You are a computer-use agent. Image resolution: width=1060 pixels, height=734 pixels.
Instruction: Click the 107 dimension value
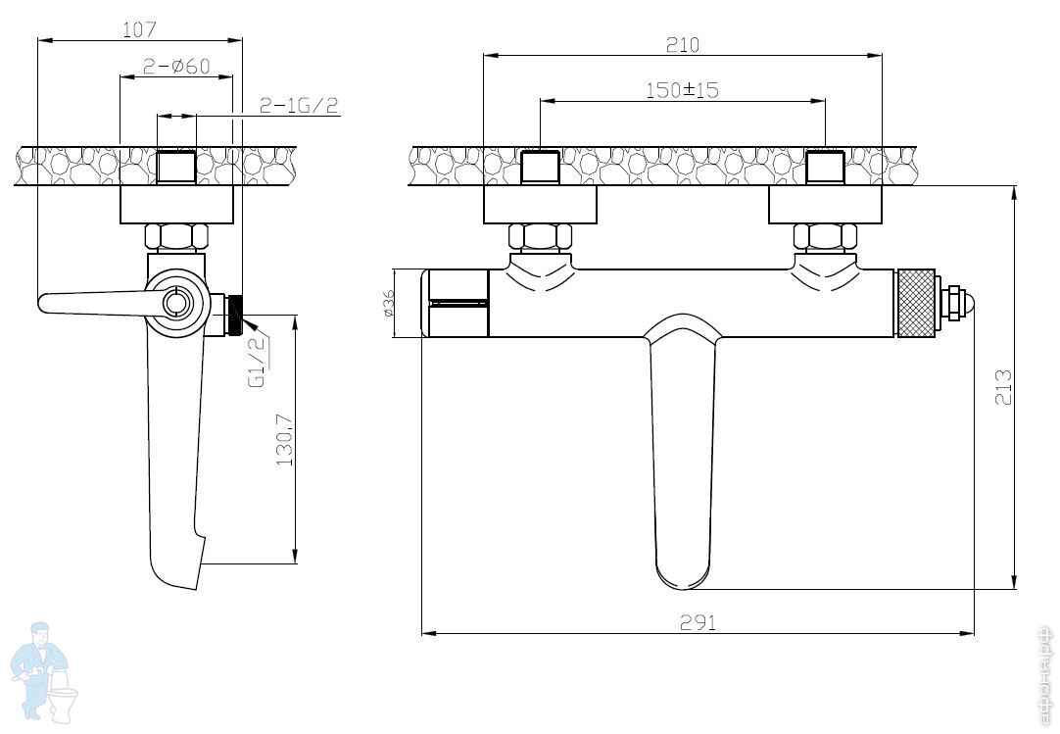[140, 29]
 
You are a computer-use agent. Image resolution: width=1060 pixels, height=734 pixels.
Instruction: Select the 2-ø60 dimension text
[176, 67]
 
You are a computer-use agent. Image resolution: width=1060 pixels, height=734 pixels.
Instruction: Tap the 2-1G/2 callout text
[300, 106]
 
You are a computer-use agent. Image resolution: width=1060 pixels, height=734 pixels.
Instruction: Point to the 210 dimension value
[683, 45]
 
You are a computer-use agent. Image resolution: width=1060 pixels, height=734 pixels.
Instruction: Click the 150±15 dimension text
[682, 90]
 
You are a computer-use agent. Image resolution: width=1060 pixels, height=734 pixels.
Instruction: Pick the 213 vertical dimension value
[1004, 386]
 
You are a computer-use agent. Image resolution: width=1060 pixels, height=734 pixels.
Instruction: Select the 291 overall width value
[698, 622]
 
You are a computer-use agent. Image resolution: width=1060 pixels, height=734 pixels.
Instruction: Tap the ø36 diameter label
[389, 304]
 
